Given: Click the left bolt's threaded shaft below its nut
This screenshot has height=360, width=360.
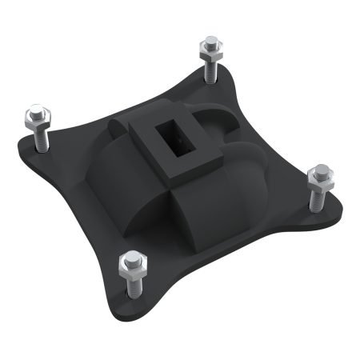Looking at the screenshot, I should click(40, 139).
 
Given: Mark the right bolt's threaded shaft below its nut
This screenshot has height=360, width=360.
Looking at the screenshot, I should click(318, 198).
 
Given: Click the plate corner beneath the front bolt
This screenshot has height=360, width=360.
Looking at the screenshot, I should click(128, 300).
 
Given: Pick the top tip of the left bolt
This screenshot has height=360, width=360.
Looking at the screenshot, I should click(34, 109).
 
